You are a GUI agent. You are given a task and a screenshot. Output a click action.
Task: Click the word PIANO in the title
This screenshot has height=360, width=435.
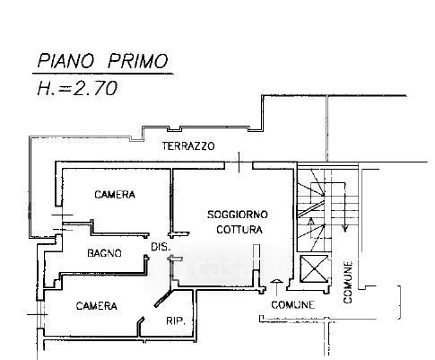point(65,61)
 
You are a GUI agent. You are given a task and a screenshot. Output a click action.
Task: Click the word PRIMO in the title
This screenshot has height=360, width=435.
point(137,61)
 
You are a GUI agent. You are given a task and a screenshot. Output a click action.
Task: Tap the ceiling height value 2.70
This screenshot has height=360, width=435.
point(95,89)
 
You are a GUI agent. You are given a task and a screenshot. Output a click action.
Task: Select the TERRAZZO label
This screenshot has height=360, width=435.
point(188,146)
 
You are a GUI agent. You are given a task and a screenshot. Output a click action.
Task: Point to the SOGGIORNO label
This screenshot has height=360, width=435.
point(238,215)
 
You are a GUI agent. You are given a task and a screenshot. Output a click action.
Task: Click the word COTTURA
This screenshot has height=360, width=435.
point(239,230)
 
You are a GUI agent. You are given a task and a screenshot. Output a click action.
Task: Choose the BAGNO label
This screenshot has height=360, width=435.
point(104,253)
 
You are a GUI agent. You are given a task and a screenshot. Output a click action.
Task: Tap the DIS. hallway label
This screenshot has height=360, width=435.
point(161,247)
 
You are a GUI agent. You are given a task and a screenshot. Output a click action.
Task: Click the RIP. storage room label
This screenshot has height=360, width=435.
point(176,321)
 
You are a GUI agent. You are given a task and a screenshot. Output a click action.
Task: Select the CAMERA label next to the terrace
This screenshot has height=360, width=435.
point(115,195)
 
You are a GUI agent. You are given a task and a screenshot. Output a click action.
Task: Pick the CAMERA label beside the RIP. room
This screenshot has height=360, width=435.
point(96,306)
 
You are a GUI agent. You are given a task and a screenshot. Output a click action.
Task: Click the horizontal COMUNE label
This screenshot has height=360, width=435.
point(293,305)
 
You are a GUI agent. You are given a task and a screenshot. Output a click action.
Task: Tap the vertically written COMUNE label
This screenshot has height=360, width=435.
point(348,282)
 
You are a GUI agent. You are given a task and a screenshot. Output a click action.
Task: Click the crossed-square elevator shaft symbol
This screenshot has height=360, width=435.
point(314,269)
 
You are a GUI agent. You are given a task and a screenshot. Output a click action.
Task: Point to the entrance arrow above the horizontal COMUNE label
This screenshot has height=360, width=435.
point(276,287)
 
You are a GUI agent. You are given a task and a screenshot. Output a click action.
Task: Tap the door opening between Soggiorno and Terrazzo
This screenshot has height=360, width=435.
point(239,162)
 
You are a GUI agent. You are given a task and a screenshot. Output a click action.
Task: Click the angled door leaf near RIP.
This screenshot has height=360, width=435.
point(161,300)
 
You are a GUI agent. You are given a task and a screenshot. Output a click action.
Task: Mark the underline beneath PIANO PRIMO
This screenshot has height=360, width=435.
point(103,74)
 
